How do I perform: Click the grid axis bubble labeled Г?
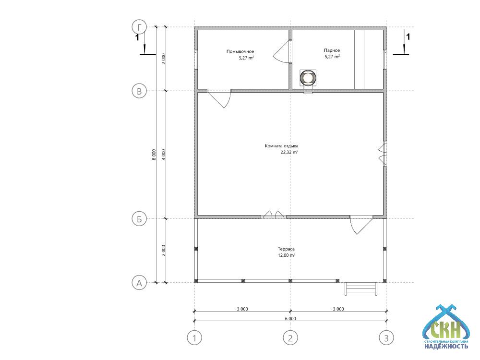click(139, 27)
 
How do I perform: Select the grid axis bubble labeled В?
click(139, 91)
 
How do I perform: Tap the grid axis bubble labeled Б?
click(139, 219)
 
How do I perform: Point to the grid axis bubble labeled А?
click(139, 283)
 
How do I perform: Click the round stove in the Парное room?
click(308, 78)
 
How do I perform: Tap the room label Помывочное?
click(240, 51)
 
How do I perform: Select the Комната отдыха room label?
click(282, 146)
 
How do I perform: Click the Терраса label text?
click(286, 249)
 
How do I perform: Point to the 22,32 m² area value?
click(289, 152)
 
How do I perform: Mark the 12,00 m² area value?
click(287, 255)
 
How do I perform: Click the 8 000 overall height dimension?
click(154, 155)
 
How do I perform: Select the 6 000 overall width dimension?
click(290, 318)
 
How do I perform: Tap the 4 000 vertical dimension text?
click(164, 155)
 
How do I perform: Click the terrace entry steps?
click(361, 288)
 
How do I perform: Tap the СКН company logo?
click(446, 327)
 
